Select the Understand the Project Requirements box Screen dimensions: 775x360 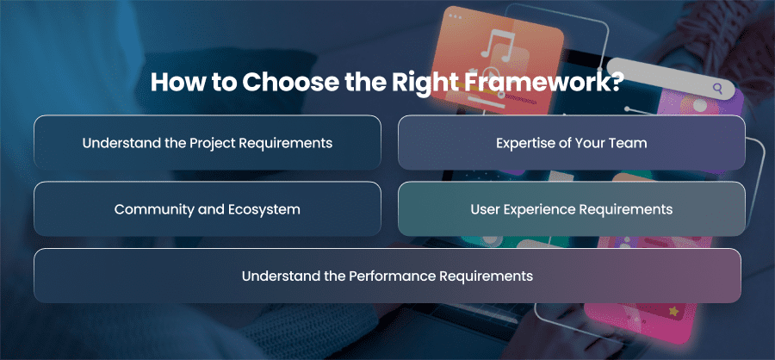pyautogui.click(x=208, y=142)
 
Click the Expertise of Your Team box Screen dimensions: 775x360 pyautogui.click(x=572, y=142)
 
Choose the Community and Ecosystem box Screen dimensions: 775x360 pyautogui.click(x=208, y=208)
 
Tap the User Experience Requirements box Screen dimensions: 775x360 pyautogui.click(x=572, y=208)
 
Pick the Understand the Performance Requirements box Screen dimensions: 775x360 pyautogui.click(x=387, y=276)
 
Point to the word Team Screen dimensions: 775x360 pyautogui.click(x=630, y=143)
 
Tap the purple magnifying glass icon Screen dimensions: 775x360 pyautogui.click(x=717, y=89)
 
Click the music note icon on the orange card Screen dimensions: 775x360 pyautogui.click(x=498, y=46)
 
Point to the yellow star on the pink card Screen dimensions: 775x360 pyautogui.click(x=673, y=311)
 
